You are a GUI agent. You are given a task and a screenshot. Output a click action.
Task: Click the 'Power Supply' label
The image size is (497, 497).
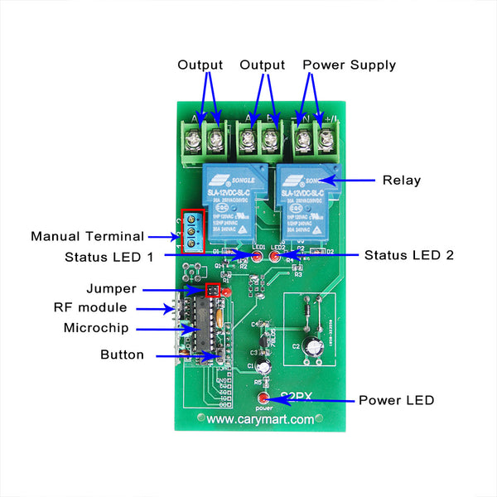pyautogui.click(x=349, y=65)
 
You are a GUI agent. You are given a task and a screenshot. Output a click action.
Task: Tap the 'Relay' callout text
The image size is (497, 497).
pyautogui.click(x=401, y=180)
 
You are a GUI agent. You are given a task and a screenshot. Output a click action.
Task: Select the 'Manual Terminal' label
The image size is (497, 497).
pyautogui.click(x=87, y=236)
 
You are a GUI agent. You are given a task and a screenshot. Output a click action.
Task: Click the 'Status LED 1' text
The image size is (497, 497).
pyautogui.click(x=109, y=257)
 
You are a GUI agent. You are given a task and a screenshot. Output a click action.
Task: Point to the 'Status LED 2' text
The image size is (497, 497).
pyautogui.click(x=408, y=255)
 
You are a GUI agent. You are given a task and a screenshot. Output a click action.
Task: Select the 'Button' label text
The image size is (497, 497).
pyautogui.click(x=122, y=355)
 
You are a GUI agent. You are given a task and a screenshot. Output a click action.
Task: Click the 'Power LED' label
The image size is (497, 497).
pyautogui.click(x=396, y=400)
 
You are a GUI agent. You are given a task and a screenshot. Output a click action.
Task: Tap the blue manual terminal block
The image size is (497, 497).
pyautogui.click(x=192, y=231)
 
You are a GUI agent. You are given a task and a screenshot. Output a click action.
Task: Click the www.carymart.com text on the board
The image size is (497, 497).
pyautogui.click(x=260, y=419)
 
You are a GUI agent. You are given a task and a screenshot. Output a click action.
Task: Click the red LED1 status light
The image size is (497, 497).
pyautogui.click(x=257, y=258)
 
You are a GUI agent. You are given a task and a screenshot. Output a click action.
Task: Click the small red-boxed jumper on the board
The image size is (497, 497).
pyautogui.click(x=212, y=291)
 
